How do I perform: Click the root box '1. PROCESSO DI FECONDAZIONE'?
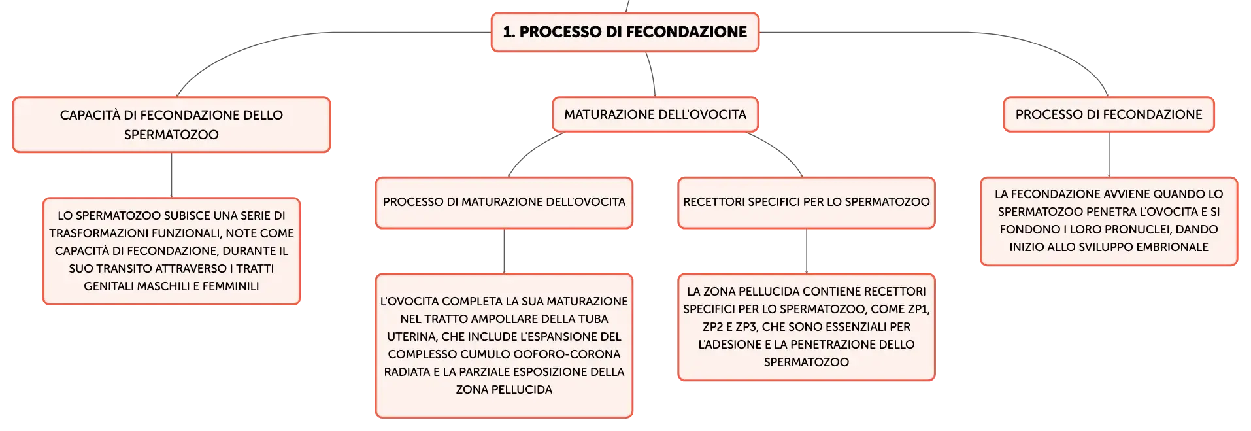pyautogui.click(x=625, y=32)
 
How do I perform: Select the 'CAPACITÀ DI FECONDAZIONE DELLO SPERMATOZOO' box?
pyautogui.click(x=171, y=125)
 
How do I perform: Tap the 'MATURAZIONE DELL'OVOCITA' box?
pyautogui.click(x=655, y=114)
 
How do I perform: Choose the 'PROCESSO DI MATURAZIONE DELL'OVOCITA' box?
pyautogui.click(x=504, y=203)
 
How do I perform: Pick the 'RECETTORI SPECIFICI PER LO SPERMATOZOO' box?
pyautogui.click(x=807, y=203)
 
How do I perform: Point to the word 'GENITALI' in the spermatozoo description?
pyautogui.click(x=107, y=286)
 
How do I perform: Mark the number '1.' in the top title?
pyautogui.click(x=509, y=32)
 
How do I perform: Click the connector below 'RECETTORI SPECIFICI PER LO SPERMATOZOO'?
pyautogui.click(x=807, y=251)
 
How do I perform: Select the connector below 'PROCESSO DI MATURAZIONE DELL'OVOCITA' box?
pyautogui.click(x=504, y=251)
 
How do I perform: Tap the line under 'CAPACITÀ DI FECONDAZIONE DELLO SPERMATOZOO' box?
pyautogui.click(x=171, y=175)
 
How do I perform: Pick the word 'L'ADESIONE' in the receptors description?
pyautogui.click(x=725, y=345)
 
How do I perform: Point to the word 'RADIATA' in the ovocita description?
pyautogui.click(x=406, y=372)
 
